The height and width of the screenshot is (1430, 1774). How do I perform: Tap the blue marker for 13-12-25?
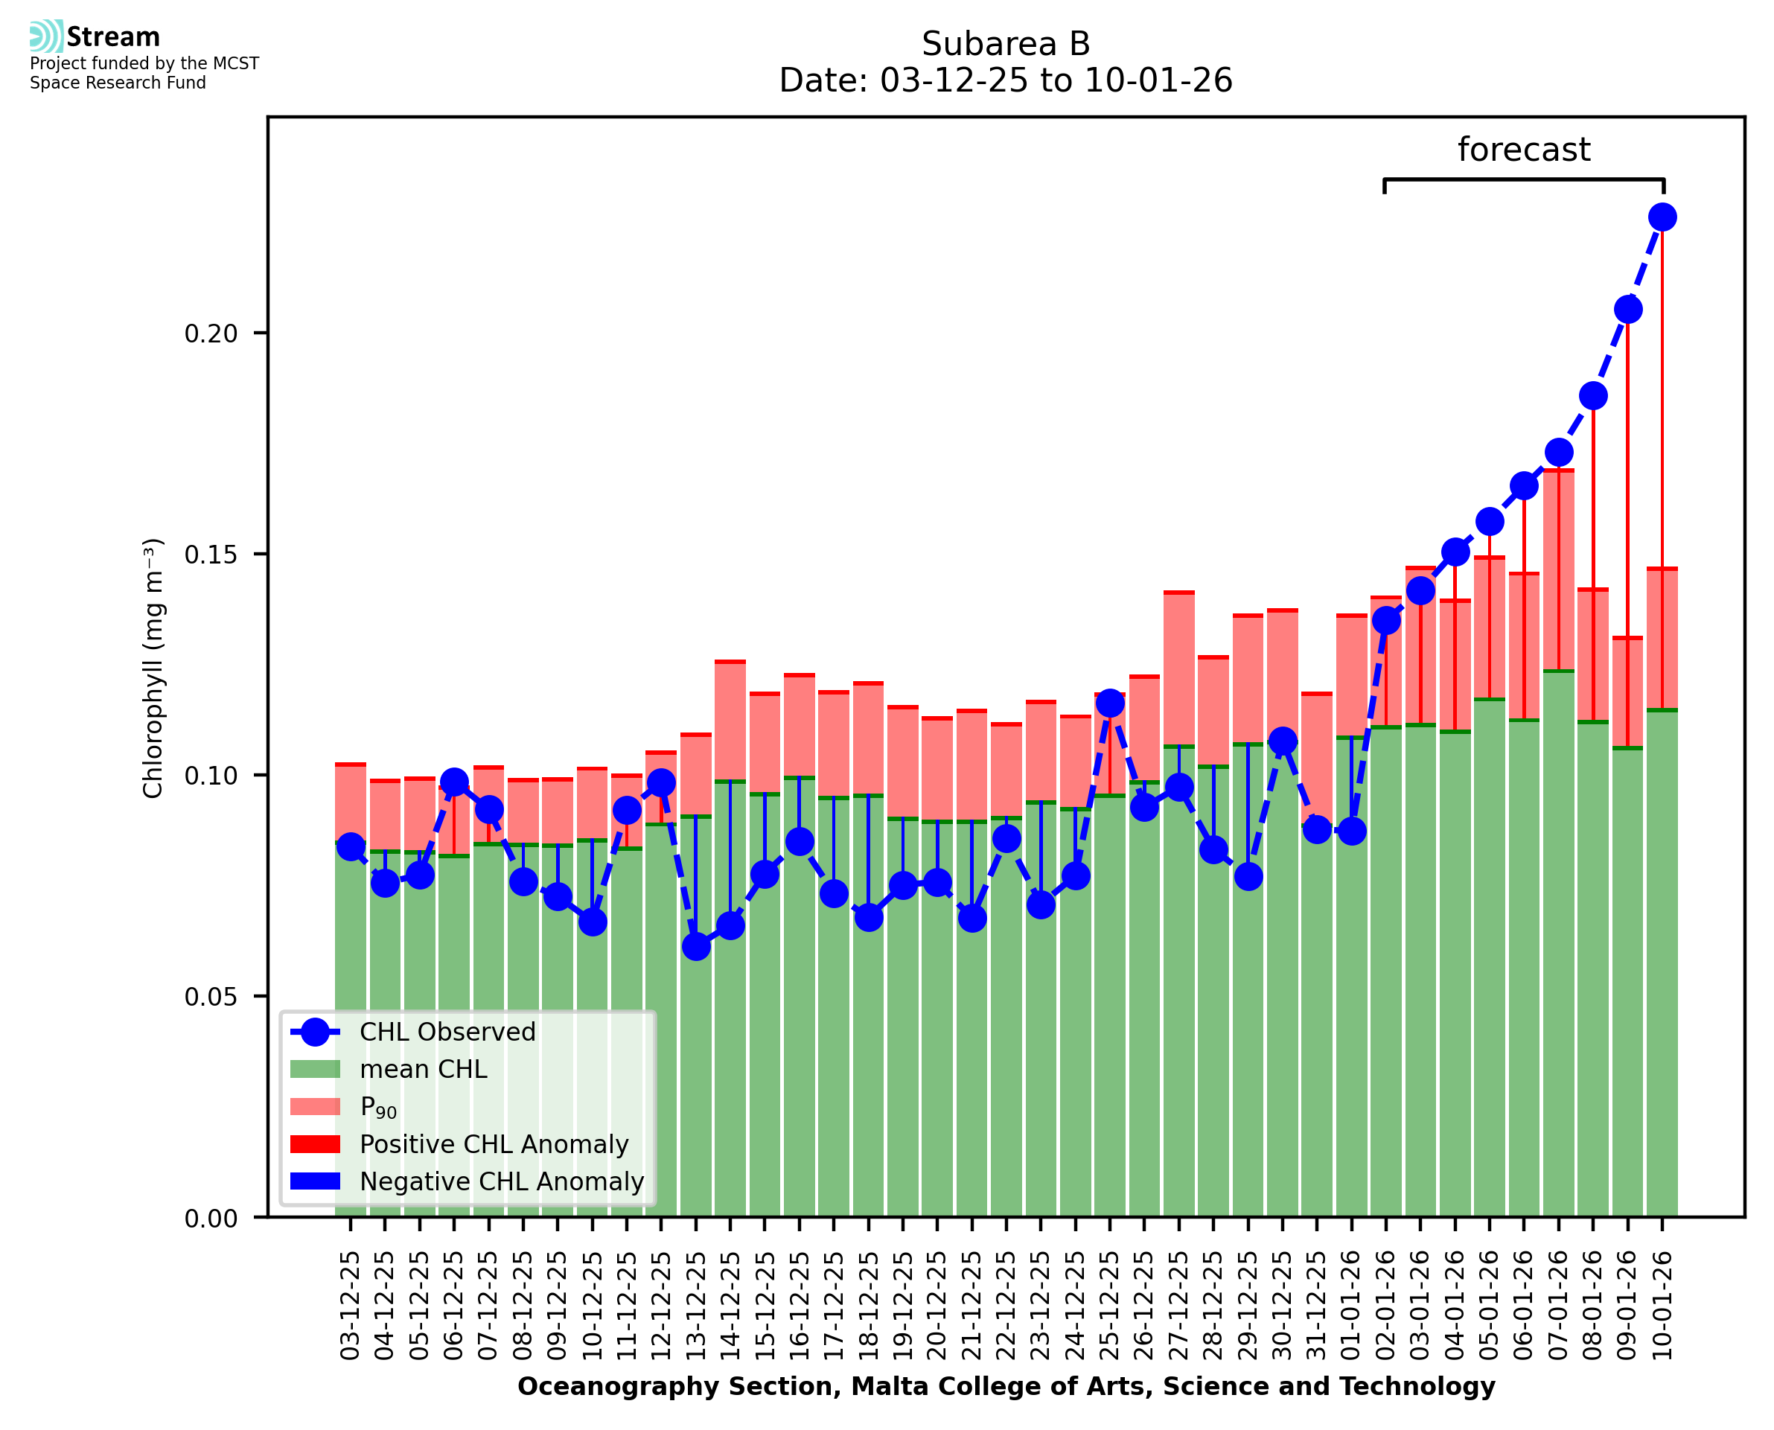(x=696, y=946)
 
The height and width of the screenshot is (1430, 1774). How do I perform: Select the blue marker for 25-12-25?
(x=1109, y=703)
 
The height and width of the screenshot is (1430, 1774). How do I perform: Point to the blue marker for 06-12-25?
(x=454, y=782)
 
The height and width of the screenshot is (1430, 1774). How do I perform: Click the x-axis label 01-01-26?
(x=1351, y=1306)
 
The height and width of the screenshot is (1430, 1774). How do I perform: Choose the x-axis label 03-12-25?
(x=351, y=1306)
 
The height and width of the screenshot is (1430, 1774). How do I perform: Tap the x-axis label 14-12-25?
(x=730, y=1306)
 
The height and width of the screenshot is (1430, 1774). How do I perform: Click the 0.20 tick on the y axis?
(x=211, y=333)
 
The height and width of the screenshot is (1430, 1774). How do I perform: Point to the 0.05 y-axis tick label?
(x=211, y=997)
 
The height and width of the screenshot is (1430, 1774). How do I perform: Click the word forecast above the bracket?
(x=1524, y=150)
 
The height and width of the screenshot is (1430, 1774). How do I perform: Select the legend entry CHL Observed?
(x=447, y=1032)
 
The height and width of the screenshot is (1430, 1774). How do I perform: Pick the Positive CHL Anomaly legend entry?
(x=494, y=1144)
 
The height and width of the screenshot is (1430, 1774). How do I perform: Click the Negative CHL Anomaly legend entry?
(x=501, y=1181)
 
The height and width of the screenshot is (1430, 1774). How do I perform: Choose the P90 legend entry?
(x=378, y=1107)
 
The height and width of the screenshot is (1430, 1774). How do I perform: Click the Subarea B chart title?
(x=1006, y=44)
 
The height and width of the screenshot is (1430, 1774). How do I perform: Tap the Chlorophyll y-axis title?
(x=154, y=668)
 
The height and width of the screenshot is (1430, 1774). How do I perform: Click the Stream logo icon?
(x=46, y=36)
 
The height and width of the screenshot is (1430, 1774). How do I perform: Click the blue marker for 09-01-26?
(x=1627, y=310)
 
